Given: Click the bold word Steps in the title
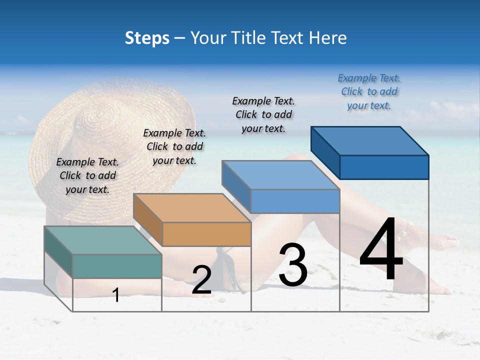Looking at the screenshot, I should [147, 38].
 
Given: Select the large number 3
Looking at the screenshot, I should [293, 265].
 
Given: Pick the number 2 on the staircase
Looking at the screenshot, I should [201, 280].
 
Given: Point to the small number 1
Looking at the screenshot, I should [116, 295].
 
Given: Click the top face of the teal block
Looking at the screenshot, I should [102, 240].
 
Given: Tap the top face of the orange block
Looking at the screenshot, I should [191, 208].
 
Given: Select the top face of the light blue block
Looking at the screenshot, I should [280, 175].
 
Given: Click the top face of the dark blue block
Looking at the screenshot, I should [369, 141].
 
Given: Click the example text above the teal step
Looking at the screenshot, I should [87, 175].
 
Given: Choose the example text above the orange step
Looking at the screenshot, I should [174, 146].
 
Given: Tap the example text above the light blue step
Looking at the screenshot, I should [263, 114].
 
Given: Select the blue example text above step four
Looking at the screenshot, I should [369, 91].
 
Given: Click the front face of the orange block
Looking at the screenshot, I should [206, 234].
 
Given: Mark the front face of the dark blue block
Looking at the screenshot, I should [384, 167].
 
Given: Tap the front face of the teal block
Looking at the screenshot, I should [117, 266].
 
